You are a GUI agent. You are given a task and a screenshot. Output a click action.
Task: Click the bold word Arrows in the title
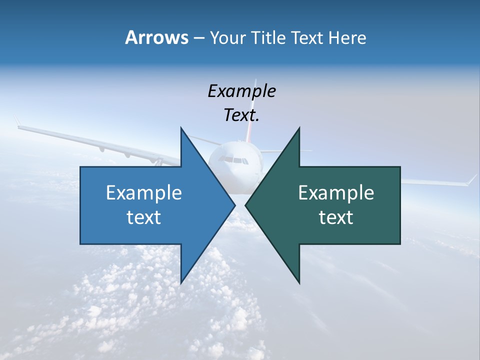[x=156, y=37]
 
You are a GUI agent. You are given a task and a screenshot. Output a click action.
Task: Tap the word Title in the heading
[x=268, y=37]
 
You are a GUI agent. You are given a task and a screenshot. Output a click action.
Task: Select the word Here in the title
[x=347, y=37]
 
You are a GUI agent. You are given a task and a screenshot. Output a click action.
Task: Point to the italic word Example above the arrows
[x=241, y=91]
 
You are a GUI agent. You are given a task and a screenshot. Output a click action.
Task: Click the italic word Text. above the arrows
[x=241, y=115]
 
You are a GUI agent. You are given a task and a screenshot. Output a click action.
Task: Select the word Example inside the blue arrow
[x=144, y=192]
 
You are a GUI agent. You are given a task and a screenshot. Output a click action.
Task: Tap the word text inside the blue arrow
[x=144, y=217]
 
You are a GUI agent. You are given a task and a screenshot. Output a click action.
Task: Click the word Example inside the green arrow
[x=336, y=192]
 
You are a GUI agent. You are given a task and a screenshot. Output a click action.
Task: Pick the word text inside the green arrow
[x=336, y=217]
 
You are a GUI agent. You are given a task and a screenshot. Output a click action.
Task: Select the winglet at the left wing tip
[x=17, y=121]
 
